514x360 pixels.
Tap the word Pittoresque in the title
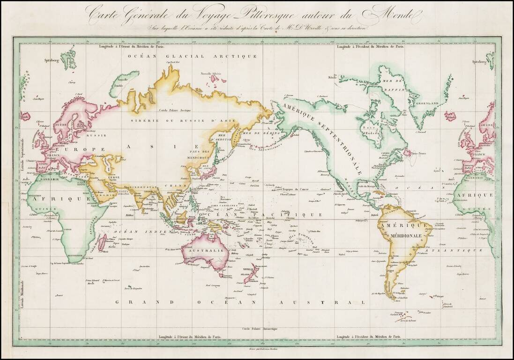point(253,15)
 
